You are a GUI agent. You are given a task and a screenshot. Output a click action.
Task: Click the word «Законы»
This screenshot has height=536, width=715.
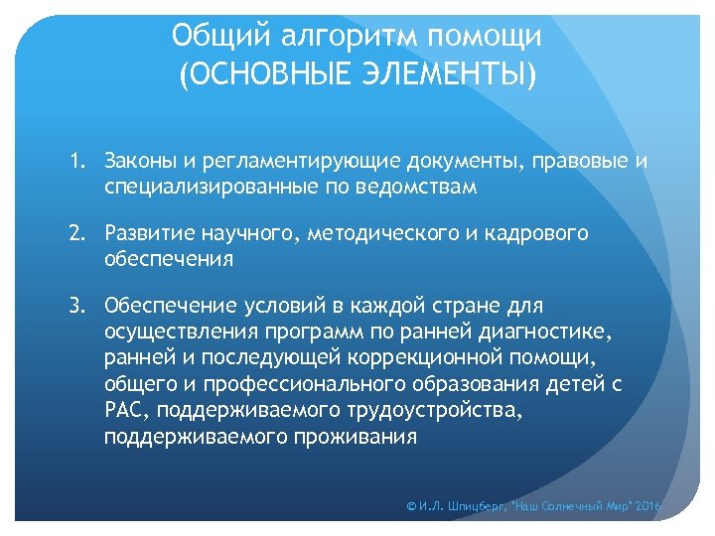138,161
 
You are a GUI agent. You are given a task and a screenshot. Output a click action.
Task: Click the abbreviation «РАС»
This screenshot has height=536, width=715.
123,411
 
